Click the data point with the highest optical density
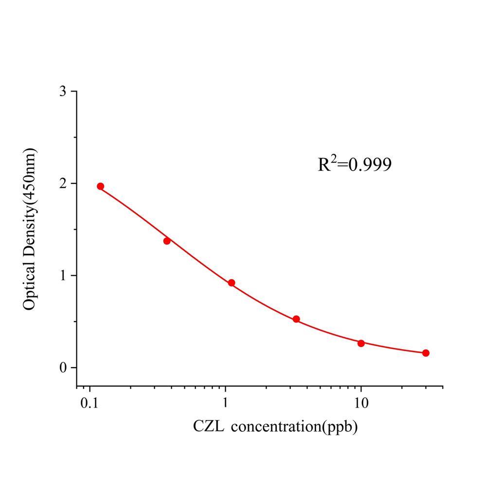[100, 186]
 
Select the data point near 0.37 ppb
[167, 241]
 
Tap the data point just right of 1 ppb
[231, 283]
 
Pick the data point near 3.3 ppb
[296, 319]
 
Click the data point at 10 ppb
[361, 343]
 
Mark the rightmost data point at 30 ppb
[426, 353]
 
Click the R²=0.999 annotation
[355, 165]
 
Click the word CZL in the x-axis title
[209, 427]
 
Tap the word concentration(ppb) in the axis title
[295, 427]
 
